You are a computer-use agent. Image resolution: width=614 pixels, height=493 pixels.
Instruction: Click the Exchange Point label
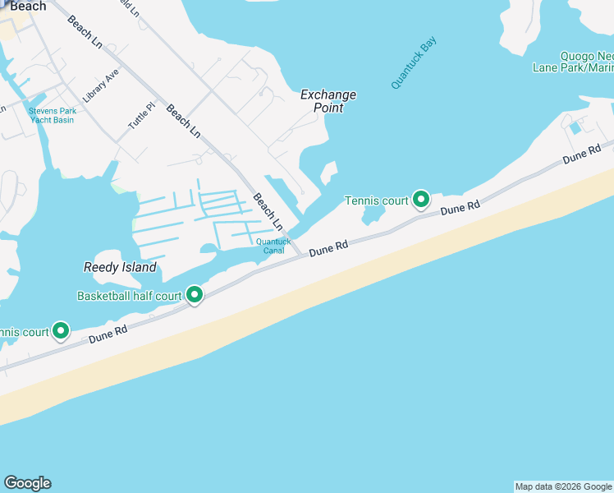[328, 101]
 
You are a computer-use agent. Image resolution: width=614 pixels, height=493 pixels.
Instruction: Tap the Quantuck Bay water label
[415, 62]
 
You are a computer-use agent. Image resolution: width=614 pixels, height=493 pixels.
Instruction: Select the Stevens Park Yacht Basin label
[51, 115]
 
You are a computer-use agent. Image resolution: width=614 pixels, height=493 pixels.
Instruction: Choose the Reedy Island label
[120, 267]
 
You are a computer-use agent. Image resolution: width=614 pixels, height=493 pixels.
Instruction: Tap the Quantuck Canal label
[273, 245]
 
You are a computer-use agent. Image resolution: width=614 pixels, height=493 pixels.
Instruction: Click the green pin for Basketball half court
[195, 294]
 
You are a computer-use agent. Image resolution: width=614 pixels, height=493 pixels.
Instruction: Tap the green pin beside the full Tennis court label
[421, 199]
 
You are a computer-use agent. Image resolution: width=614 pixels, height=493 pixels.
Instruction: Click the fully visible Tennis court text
[376, 200]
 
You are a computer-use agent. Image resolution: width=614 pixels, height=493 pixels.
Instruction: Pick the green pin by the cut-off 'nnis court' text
[60, 330]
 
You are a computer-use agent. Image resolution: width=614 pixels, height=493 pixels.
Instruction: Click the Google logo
[27, 483]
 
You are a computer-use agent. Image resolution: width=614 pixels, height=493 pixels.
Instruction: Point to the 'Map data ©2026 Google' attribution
[563, 486]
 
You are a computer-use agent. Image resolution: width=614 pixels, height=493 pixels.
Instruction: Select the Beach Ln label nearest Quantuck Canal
[268, 211]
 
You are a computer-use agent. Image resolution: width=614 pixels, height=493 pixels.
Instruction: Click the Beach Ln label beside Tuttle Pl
[183, 120]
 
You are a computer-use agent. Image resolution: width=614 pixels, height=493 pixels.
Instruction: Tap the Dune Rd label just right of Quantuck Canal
[327, 249]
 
